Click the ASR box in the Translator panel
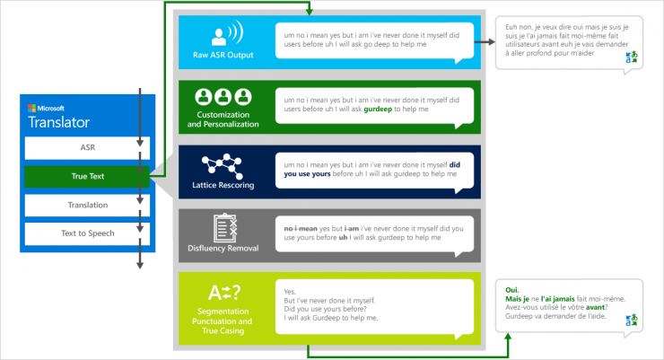[x=87, y=148]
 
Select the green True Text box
[x=87, y=176]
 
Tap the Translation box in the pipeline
[x=87, y=205]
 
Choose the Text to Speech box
[x=87, y=233]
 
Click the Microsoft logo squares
[x=31, y=108]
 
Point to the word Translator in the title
[x=59, y=122]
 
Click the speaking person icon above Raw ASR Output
[x=227, y=33]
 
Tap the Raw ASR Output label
[x=223, y=55]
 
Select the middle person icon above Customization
[x=223, y=97]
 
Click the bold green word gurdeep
[x=378, y=110]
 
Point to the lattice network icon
[x=223, y=166]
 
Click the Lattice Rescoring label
[x=223, y=185]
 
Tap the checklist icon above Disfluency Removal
[x=225, y=228]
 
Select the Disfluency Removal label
[x=223, y=248]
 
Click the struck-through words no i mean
[x=301, y=229]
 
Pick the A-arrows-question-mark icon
[x=224, y=293]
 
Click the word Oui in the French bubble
[x=512, y=290]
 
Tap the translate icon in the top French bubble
[x=632, y=57]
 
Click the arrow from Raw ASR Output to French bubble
[x=485, y=42]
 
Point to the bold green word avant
[x=595, y=308]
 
